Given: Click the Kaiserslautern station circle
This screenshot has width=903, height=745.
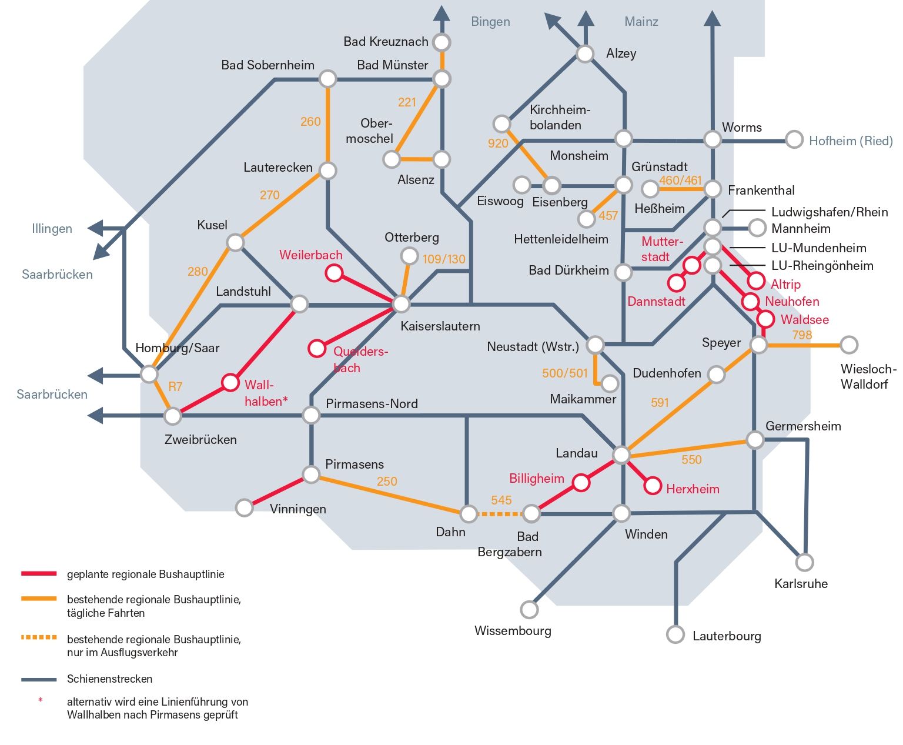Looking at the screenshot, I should [x=401, y=304].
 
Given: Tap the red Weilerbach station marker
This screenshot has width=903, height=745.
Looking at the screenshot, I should [x=334, y=273].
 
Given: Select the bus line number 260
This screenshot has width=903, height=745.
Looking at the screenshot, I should [x=310, y=122].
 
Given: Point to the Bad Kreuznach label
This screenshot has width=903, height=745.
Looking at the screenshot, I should [x=386, y=42].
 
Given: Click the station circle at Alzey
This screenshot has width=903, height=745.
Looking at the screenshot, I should [x=585, y=54].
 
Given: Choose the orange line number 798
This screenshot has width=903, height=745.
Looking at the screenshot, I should [x=802, y=335].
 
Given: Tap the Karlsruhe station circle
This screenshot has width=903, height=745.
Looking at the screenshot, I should [x=804, y=562].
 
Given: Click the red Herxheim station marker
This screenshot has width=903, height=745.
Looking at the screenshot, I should [x=653, y=486].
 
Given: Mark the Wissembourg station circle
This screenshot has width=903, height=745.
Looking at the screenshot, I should [x=529, y=609].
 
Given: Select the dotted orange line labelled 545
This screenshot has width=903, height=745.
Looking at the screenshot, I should [x=500, y=514].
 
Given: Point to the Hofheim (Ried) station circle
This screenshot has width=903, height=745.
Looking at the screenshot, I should [x=794, y=140].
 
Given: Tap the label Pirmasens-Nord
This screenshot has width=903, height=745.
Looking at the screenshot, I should [x=372, y=404].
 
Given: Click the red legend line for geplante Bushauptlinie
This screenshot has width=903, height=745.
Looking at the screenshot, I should [x=39, y=573].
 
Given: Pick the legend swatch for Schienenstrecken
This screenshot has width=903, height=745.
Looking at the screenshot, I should [x=39, y=679].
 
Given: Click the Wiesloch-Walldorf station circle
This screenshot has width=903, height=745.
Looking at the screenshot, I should [x=849, y=345].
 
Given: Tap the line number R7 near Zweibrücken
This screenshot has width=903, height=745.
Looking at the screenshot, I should [x=175, y=386].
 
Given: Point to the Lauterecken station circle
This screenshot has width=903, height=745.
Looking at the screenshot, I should [x=327, y=171].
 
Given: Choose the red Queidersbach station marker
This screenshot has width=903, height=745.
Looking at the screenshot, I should [x=317, y=348].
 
